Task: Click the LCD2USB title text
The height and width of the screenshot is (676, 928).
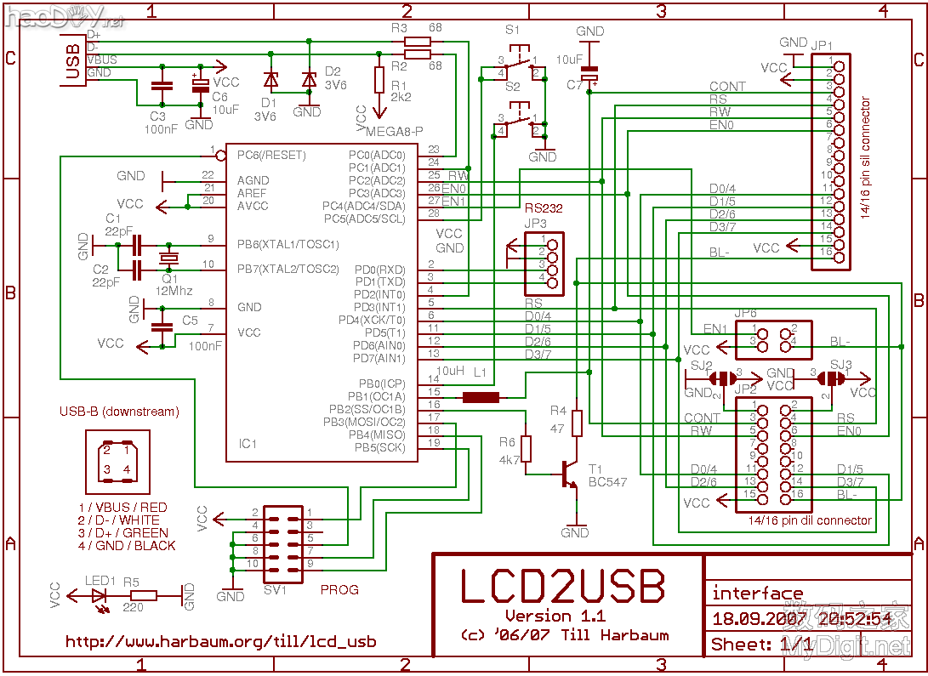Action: [562, 586]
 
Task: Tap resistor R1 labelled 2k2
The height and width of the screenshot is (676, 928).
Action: [379, 79]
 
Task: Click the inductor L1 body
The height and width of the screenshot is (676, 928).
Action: [481, 397]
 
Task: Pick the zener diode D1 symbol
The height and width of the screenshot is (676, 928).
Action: [270, 81]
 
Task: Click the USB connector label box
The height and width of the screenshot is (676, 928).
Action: [74, 61]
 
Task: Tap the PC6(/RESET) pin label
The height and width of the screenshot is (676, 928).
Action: [271, 156]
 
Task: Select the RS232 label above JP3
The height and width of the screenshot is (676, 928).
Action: [544, 208]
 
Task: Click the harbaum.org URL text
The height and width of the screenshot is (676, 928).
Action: [220, 642]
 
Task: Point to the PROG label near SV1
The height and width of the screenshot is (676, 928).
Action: [339, 589]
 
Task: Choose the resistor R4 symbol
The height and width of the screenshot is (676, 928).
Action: [578, 423]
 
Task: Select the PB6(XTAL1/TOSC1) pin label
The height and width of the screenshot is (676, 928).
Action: [288, 245]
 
